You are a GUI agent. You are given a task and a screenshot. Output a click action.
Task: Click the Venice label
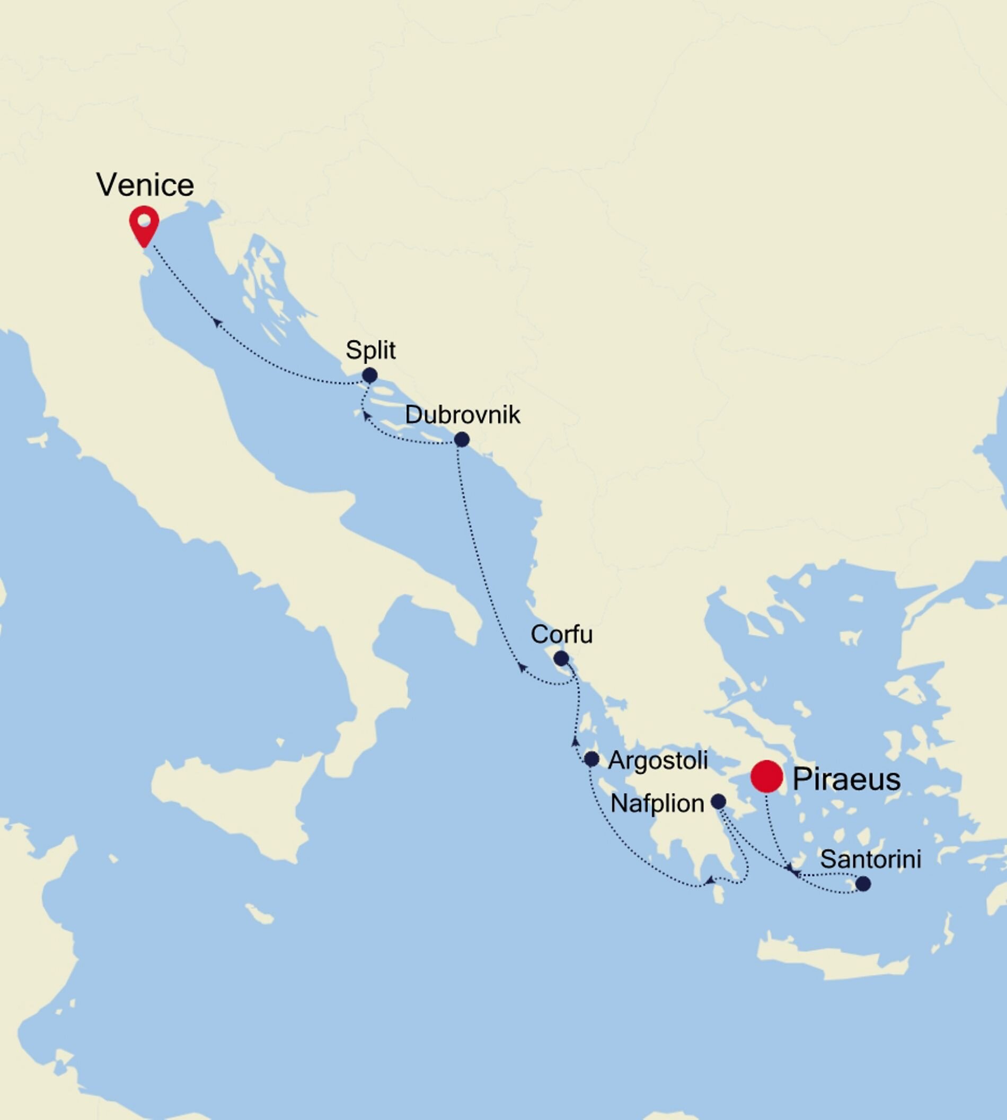tap(145, 185)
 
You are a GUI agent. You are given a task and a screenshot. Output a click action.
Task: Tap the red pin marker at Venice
tap(144, 224)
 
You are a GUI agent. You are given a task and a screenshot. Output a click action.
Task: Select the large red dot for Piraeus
tap(766, 777)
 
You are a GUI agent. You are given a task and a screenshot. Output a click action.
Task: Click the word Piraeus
tap(846, 779)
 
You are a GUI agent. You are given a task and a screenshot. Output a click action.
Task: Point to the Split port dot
tap(369, 375)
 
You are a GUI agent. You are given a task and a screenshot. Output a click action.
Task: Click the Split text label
tap(370, 350)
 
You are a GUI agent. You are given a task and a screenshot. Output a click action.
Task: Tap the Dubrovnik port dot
tap(462, 440)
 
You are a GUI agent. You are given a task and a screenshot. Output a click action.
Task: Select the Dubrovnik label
tap(463, 415)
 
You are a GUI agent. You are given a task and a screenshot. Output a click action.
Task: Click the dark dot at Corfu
tap(561, 658)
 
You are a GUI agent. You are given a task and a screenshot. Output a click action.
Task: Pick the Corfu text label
tap(562, 634)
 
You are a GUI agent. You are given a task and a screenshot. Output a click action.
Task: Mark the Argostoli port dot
tap(591, 759)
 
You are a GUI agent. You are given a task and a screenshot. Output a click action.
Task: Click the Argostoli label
tap(658, 760)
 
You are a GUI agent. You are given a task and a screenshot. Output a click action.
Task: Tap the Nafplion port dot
tap(718, 801)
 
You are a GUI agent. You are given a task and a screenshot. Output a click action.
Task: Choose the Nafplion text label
tap(657, 803)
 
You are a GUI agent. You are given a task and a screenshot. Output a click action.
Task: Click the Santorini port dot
tap(863, 883)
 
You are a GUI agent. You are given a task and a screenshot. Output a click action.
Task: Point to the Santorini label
tap(870, 859)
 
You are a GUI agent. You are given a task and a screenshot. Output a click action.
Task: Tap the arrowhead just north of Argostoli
tap(576, 741)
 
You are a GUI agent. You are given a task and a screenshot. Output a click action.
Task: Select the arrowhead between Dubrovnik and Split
tap(366, 416)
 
